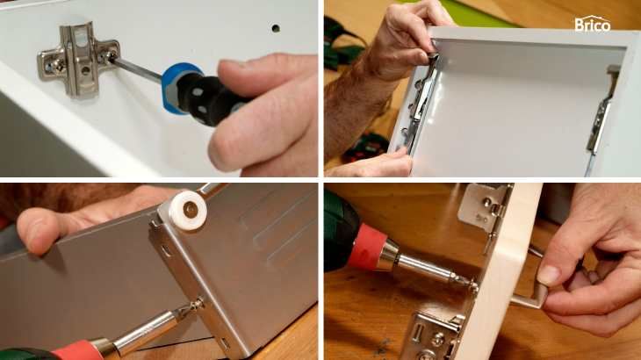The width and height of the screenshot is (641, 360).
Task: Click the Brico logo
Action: (593, 24)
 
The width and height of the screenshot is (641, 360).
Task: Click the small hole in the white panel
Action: (276, 28)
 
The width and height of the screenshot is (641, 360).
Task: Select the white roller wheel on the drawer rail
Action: (189, 209)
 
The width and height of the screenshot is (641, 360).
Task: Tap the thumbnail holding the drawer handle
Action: (549, 275)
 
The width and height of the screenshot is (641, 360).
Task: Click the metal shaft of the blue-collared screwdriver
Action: (137, 68)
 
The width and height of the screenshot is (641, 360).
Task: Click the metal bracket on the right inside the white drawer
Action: (601, 110)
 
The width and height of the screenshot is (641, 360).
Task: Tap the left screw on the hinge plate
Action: (58, 65)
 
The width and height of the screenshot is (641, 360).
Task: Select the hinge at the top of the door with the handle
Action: (486, 212)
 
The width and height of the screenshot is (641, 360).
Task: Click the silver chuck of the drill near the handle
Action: (393, 256)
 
